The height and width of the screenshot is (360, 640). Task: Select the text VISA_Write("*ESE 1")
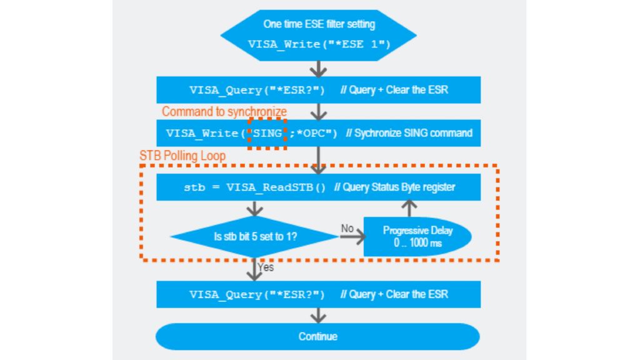[x=319, y=44]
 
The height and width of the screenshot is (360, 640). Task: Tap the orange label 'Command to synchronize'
[x=224, y=112]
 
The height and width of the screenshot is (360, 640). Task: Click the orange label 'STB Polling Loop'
[x=182, y=156]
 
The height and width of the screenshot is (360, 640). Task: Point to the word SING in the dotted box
[x=267, y=133]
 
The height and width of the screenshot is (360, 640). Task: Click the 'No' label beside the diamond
[x=347, y=228]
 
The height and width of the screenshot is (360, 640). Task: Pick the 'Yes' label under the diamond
[x=266, y=267]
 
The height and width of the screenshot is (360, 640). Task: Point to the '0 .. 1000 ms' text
[x=417, y=243]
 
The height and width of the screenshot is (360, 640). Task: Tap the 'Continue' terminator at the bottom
[x=317, y=336]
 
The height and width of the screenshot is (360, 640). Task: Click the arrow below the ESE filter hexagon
[x=319, y=67]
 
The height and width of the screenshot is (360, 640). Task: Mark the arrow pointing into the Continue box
[x=319, y=314]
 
